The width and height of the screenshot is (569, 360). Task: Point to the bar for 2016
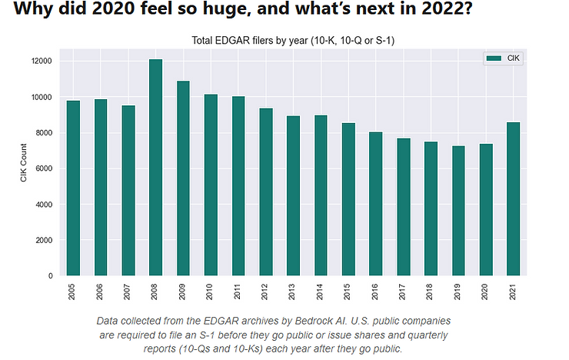[375, 204]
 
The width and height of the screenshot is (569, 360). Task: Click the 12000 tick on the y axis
[41, 61]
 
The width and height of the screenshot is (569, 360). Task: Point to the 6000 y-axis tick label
[43, 168]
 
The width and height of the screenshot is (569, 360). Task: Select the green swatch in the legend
[492, 58]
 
